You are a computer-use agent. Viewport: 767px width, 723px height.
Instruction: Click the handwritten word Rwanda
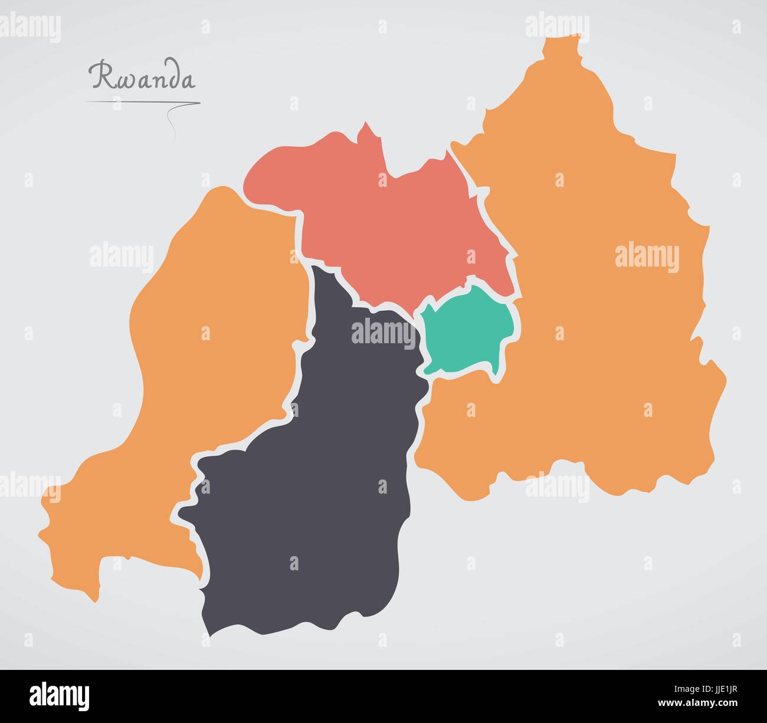[142, 76]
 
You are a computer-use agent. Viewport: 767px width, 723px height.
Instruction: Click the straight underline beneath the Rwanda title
[142, 103]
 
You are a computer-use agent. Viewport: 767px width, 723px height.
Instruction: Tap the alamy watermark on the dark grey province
[383, 332]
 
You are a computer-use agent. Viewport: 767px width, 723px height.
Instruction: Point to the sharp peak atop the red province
[366, 124]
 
